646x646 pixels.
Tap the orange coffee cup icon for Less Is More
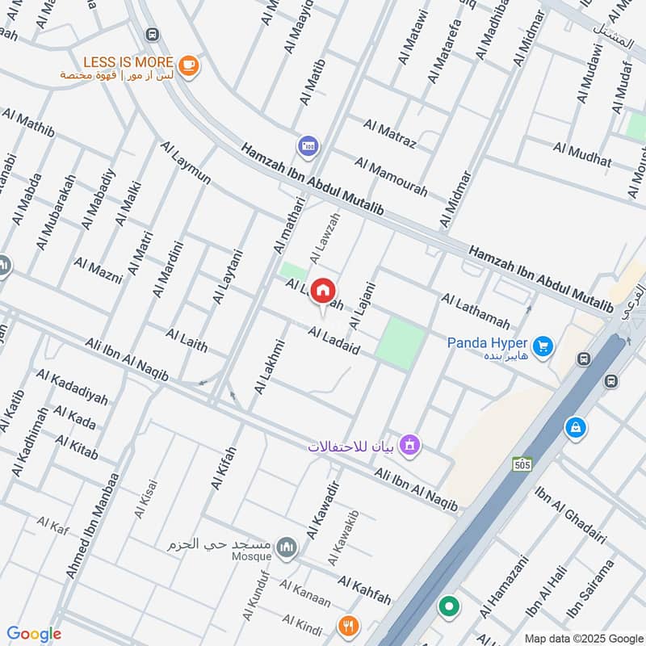188,66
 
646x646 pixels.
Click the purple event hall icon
410,445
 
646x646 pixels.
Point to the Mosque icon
286,548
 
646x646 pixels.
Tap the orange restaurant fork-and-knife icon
348,624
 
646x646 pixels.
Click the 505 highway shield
522,464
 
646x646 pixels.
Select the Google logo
34,634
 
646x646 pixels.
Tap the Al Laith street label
187,340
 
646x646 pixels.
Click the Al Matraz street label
389,134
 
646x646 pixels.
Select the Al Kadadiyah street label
72,388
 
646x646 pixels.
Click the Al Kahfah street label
364,590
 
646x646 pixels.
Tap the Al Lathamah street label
476,311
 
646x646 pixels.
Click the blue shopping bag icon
575,426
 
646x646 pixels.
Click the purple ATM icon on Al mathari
307,145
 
